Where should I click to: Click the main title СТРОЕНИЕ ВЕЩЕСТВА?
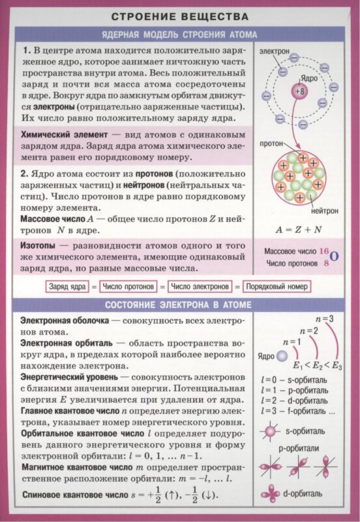click(179, 16)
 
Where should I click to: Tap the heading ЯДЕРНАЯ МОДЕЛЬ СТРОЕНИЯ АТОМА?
click(179, 35)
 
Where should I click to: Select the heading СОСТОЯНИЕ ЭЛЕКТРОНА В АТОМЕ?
click(179, 305)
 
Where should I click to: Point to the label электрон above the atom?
click(275, 50)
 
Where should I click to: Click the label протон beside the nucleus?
click(273, 142)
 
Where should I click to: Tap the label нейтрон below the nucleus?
click(324, 211)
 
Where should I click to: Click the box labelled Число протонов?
click(129, 286)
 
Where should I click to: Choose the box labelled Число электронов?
click(200, 286)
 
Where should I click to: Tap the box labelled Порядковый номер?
click(277, 286)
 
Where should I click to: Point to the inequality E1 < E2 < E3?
click(318, 365)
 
